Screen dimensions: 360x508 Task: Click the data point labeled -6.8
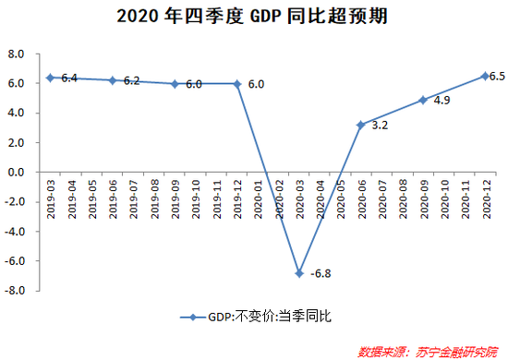pyautogui.click(x=298, y=273)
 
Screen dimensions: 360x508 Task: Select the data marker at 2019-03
pyautogui.click(x=50, y=78)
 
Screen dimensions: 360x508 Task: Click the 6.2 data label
pyautogui.click(x=130, y=81)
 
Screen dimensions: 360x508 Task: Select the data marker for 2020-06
pyautogui.click(x=361, y=124)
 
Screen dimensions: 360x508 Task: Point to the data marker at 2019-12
pyautogui.click(x=236, y=83)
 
